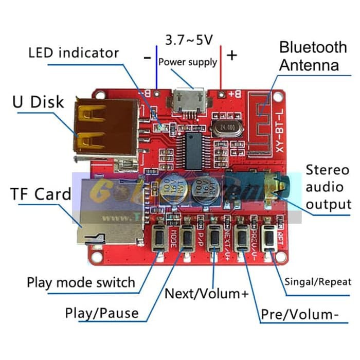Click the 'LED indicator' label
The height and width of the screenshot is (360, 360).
tap(74, 52)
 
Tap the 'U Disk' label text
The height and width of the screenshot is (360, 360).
tap(39, 101)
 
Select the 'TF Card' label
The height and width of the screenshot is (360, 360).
tap(41, 194)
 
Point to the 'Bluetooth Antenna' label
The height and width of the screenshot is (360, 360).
tap(313, 56)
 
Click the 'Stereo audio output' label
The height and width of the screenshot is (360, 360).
tap(328, 187)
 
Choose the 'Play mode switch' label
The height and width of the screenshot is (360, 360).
tap(81, 282)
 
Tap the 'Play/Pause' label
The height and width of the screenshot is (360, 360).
tap(102, 313)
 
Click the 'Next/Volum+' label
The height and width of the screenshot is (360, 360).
tap(206, 294)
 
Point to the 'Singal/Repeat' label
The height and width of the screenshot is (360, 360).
tap(318, 281)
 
